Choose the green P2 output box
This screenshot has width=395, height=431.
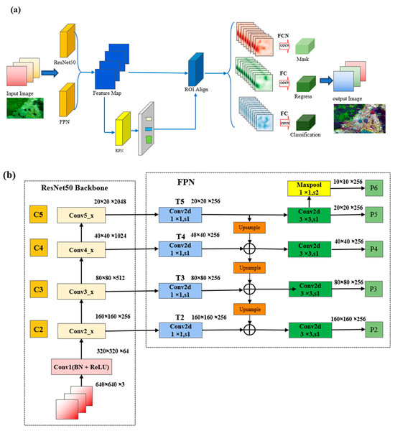(x=373, y=331)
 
